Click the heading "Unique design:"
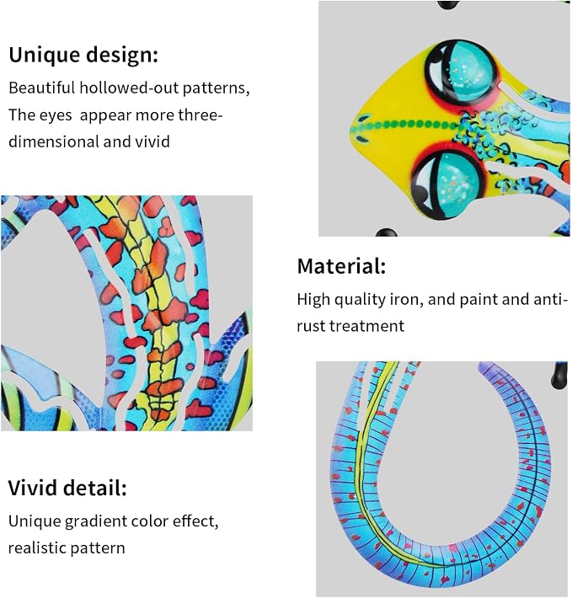(83, 56)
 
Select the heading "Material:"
(341, 266)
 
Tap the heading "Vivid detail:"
(67, 488)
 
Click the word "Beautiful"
(42, 88)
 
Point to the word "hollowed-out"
(129, 88)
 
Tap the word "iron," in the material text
(407, 300)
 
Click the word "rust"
(311, 327)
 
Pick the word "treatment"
(366, 327)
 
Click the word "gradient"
(95, 521)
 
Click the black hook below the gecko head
(386, 232)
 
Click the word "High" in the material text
(313, 300)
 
